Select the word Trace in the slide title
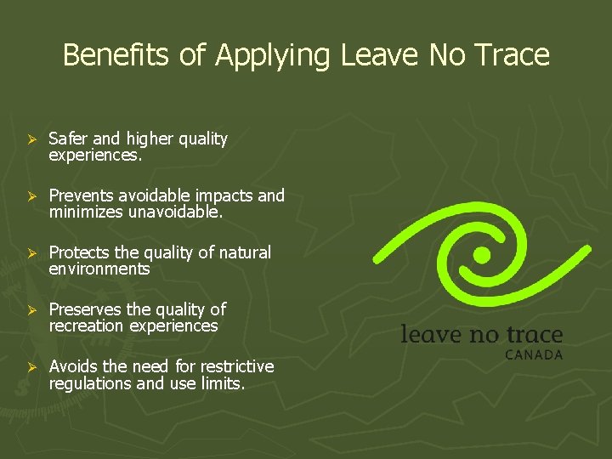512,55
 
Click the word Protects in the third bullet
76,252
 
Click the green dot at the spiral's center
482,254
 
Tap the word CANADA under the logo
534,354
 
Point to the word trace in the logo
532,334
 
